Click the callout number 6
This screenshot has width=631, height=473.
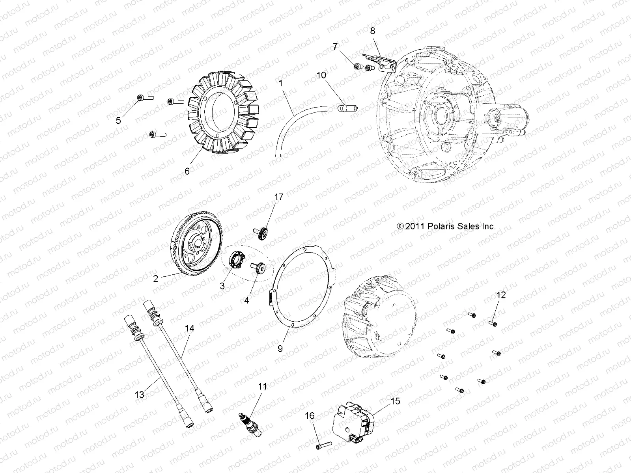(x=187, y=171)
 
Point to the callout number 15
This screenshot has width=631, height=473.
(x=395, y=401)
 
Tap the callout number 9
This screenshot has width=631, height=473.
(x=280, y=348)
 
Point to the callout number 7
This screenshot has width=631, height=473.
(x=335, y=47)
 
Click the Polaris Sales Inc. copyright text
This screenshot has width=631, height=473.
(x=446, y=226)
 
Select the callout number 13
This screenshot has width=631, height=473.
(x=140, y=394)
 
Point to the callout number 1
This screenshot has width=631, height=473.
(x=280, y=84)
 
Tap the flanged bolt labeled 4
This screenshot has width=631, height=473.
(x=259, y=269)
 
